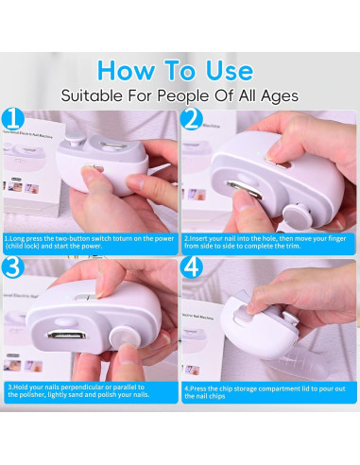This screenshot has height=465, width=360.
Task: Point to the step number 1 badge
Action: tap(13, 120)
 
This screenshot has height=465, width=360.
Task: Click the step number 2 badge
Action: tap(193, 120)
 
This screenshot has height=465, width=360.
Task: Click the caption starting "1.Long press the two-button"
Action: tap(90, 243)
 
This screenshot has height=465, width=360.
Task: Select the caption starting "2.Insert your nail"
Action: tap(269, 243)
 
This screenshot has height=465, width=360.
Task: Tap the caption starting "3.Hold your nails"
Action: tap(90, 391)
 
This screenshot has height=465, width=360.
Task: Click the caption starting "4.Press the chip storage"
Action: tap(269, 391)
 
